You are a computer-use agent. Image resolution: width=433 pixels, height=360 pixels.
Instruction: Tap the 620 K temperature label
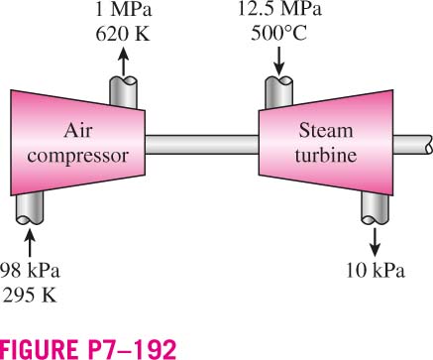click(x=123, y=34)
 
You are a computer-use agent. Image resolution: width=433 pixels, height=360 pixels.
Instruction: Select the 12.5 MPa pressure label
click(x=279, y=9)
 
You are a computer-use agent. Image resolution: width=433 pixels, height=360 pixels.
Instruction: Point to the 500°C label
click(x=279, y=34)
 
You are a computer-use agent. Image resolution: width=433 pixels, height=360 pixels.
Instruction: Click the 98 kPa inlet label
click(x=30, y=271)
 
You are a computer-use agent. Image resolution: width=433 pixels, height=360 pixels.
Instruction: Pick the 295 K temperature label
click(x=29, y=296)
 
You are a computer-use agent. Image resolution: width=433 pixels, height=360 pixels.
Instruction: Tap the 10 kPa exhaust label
click(x=376, y=271)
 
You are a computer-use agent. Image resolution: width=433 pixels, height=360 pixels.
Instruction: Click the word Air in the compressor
click(x=78, y=131)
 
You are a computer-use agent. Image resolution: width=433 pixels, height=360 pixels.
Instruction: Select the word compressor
click(x=78, y=156)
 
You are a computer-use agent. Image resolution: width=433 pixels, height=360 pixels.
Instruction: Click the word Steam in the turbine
click(x=326, y=131)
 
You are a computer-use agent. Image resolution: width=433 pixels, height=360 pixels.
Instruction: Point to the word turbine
click(x=326, y=155)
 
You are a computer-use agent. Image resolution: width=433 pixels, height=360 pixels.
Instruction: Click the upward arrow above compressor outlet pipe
click(x=123, y=61)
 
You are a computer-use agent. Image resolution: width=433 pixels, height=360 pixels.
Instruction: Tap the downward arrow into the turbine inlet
click(x=279, y=61)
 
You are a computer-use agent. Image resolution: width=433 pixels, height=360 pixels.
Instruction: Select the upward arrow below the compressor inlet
click(x=30, y=243)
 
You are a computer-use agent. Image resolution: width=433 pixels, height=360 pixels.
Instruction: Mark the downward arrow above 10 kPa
click(x=375, y=242)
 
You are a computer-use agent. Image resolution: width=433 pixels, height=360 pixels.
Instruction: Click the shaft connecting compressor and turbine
click(x=202, y=145)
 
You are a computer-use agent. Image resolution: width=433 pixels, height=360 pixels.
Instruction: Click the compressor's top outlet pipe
click(x=123, y=92)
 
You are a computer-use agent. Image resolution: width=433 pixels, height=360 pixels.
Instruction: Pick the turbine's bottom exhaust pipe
click(x=375, y=207)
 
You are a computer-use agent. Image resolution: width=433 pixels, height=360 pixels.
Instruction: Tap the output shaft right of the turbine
click(x=412, y=145)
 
